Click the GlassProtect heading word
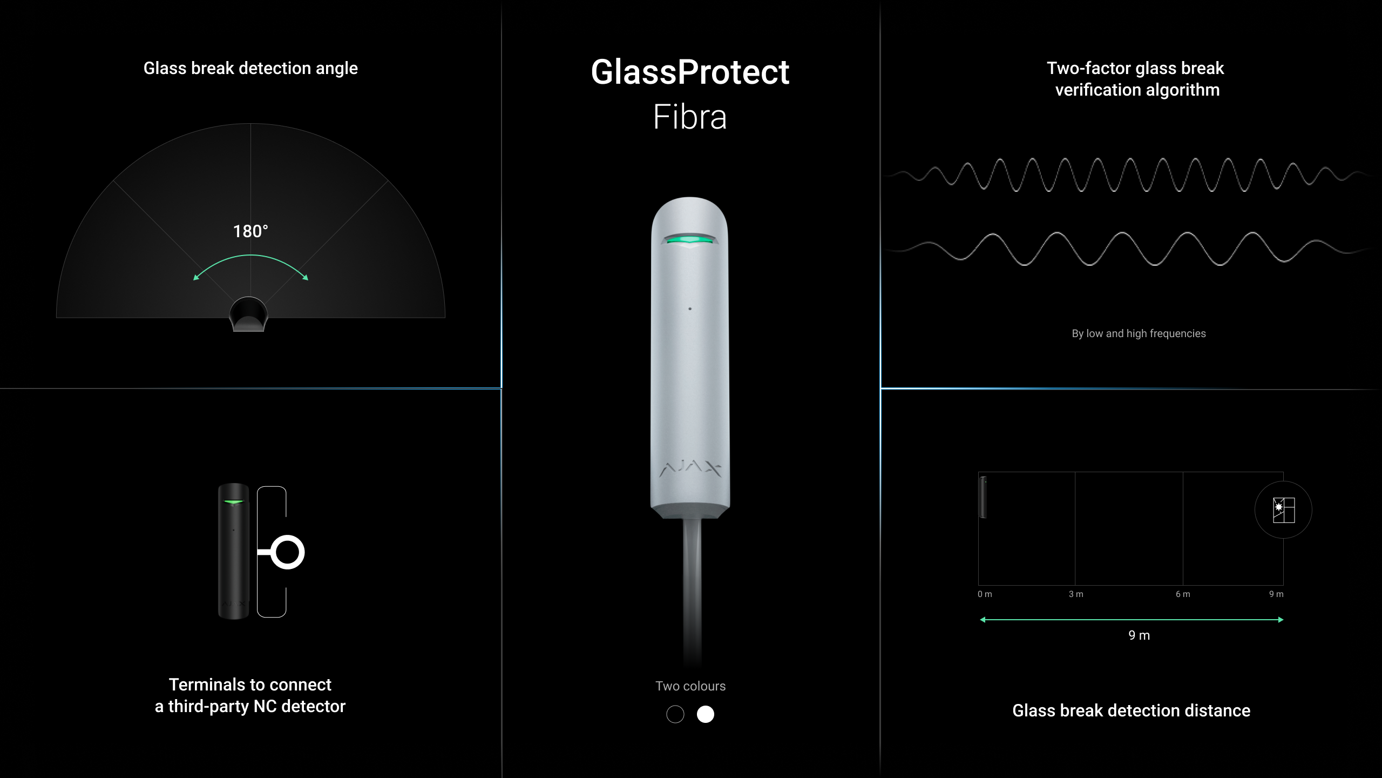click(690, 72)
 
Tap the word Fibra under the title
click(690, 116)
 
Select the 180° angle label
click(250, 231)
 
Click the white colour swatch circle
click(705, 714)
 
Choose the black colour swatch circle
click(675, 714)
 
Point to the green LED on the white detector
click(690, 239)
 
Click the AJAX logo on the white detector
click(690, 469)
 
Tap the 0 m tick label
click(985, 594)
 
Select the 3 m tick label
click(1076, 594)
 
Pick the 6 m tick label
click(1183, 594)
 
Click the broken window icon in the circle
click(1283, 510)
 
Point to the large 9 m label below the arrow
click(1139, 635)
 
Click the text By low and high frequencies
click(1139, 333)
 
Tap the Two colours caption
click(690, 686)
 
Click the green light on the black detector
click(233, 502)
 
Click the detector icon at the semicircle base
click(248, 314)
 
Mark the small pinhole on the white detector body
click(690, 308)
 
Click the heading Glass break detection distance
click(1131, 710)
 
